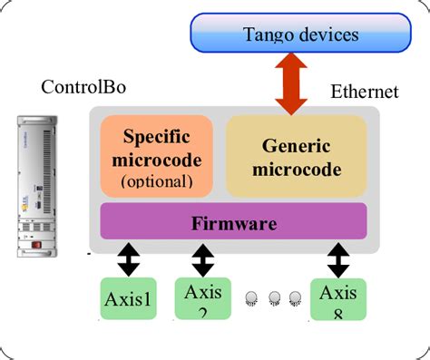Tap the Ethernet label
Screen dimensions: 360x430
tap(363, 91)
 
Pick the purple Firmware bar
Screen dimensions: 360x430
tap(233, 222)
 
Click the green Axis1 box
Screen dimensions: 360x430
tap(129, 299)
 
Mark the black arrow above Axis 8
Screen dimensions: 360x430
tap(338, 260)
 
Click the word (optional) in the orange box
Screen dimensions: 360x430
tap(157, 181)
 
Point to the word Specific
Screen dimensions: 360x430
tap(157, 138)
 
